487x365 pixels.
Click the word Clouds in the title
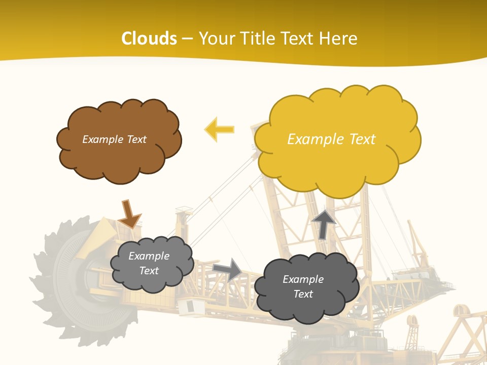point(149,39)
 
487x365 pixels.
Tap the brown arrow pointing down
point(129,214)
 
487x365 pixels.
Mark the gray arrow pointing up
point(324,224)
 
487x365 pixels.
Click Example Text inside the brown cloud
point(114,139)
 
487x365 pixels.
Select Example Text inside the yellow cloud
point(331,139)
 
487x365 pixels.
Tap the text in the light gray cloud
point(149,263)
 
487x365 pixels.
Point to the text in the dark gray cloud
point(303,286)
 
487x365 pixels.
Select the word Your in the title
point(218,39)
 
